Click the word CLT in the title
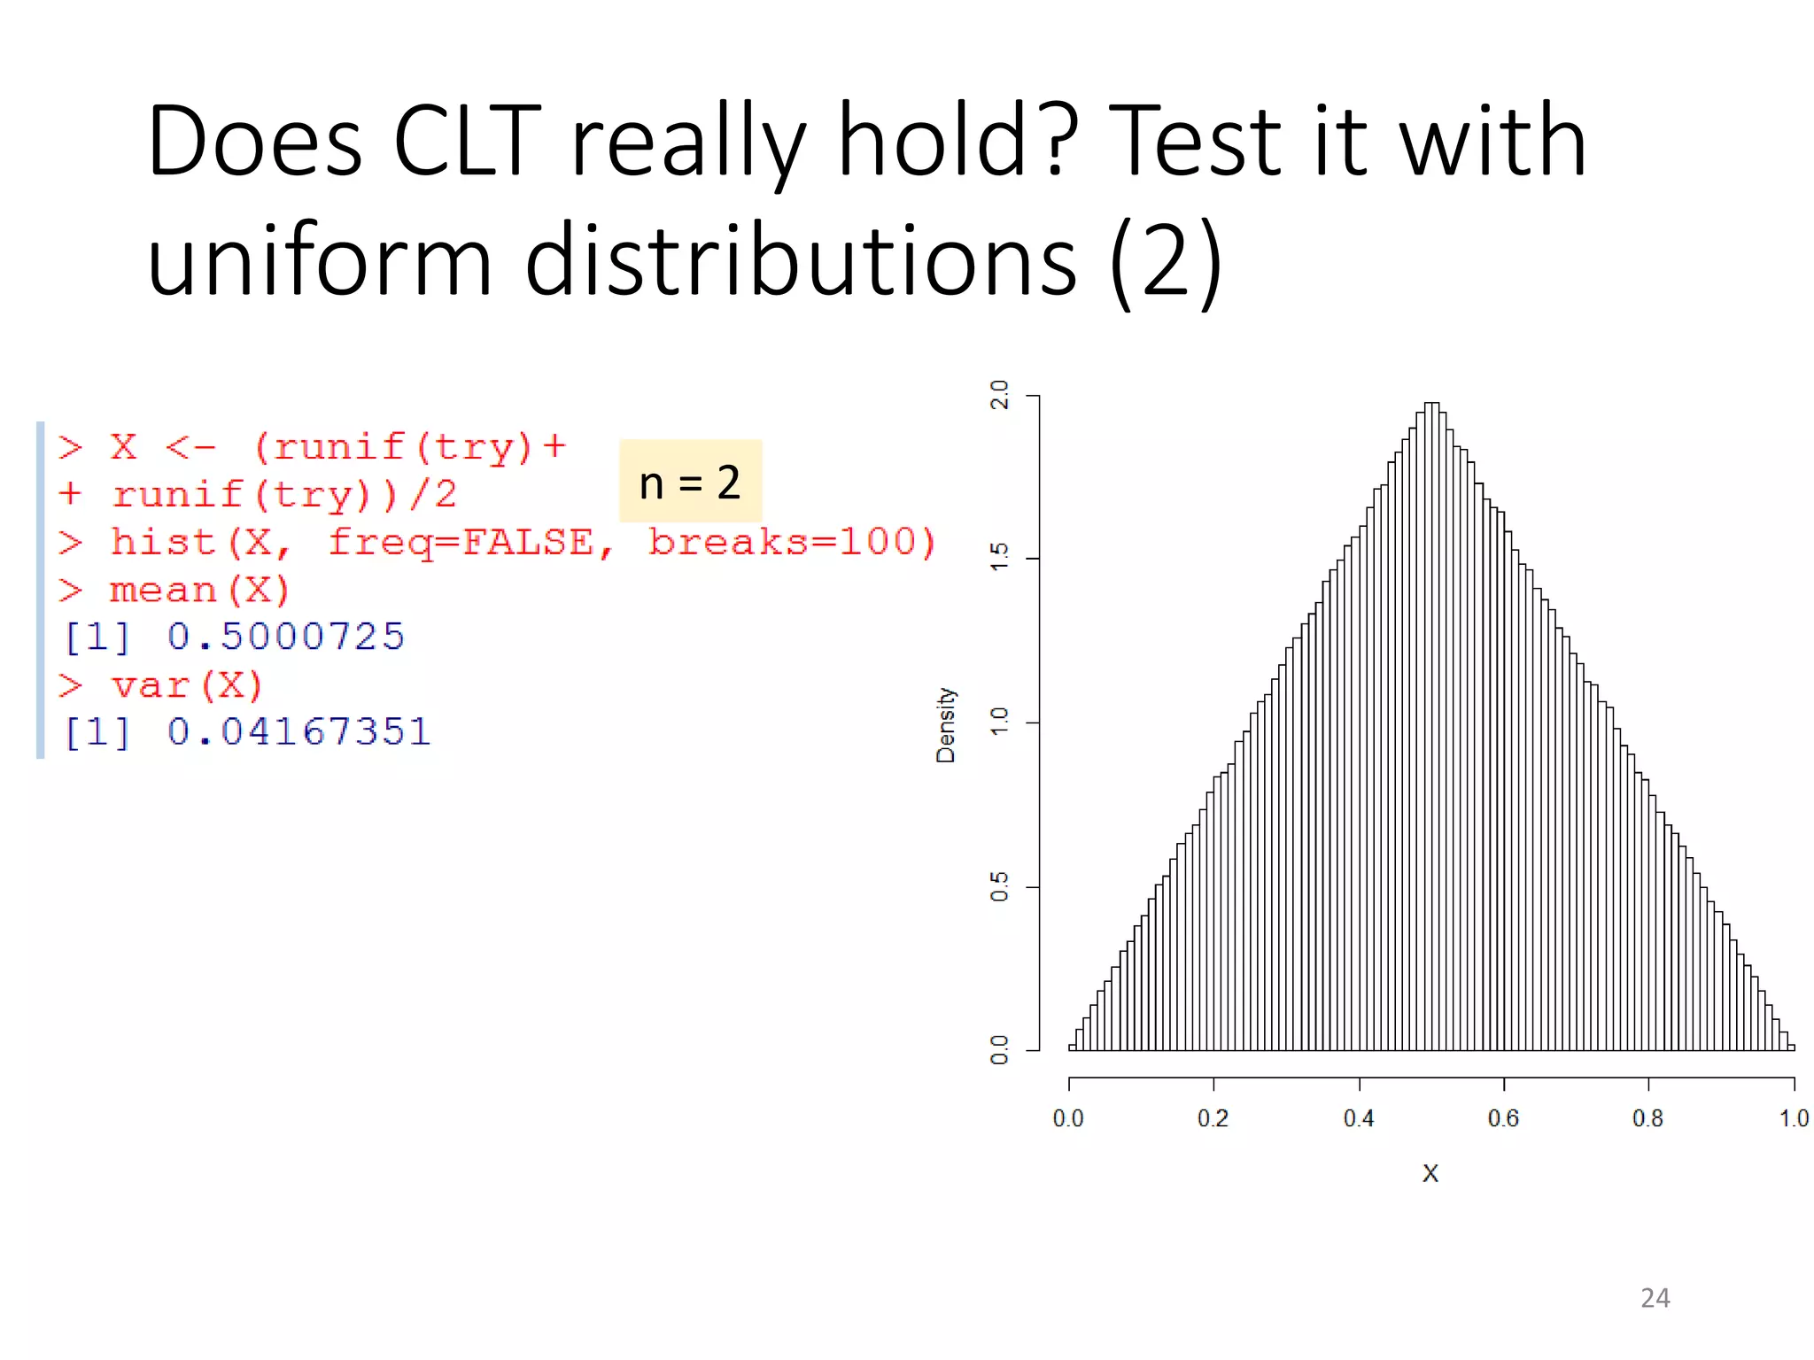[x=467, y=142]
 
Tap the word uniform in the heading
[x=319, y=262]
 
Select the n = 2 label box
[x=690, y=482]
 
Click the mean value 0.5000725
[x=285, y=637]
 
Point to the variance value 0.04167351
[x=298, y=732]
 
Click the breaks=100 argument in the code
[x=791, y=542]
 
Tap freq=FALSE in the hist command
[x=470, y=542]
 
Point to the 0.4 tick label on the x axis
[x=1359, y=1118]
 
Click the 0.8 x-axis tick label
[x=1647, y=1118]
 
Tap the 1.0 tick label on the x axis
[x=1794, y=1118]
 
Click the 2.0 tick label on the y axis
[x=999, y=395]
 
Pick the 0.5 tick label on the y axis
[x=999, y=886]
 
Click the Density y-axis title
[x=946, y=724]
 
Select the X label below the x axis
[x=1430, y=1173]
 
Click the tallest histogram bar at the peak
[x=1431, y=726]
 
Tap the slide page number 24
[x=1655, y=1298]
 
